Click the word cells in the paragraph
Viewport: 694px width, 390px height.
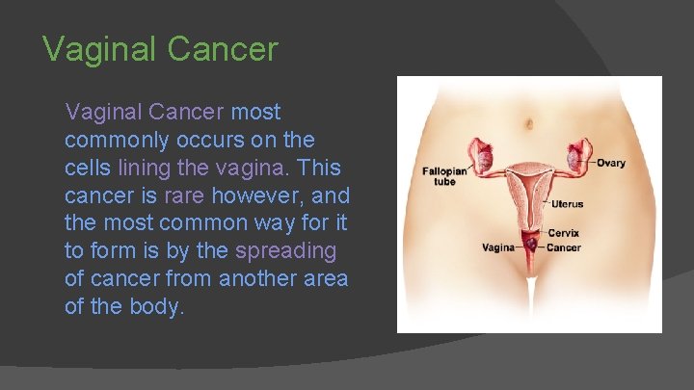(x=87, y=169)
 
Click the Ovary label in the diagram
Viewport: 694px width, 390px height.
(x=610, y=163)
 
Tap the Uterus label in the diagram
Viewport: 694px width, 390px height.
(x=567, y=204)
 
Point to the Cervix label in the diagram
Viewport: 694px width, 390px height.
(x=563, y=233)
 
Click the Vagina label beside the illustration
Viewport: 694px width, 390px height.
(x=499, y=247)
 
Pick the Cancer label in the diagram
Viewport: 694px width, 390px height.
(x=563, y=247)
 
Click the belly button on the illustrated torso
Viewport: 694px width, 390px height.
(x=530, y=123)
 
